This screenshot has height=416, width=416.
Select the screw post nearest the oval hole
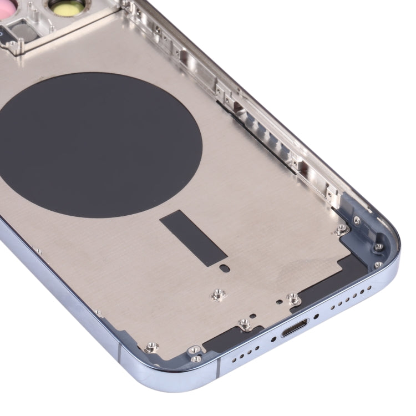click(217, 293)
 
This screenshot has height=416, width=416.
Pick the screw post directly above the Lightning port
click(294, 300)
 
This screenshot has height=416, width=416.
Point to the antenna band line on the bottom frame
click(217, 369)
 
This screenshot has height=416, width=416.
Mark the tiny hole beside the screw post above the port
click(278, 303)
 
